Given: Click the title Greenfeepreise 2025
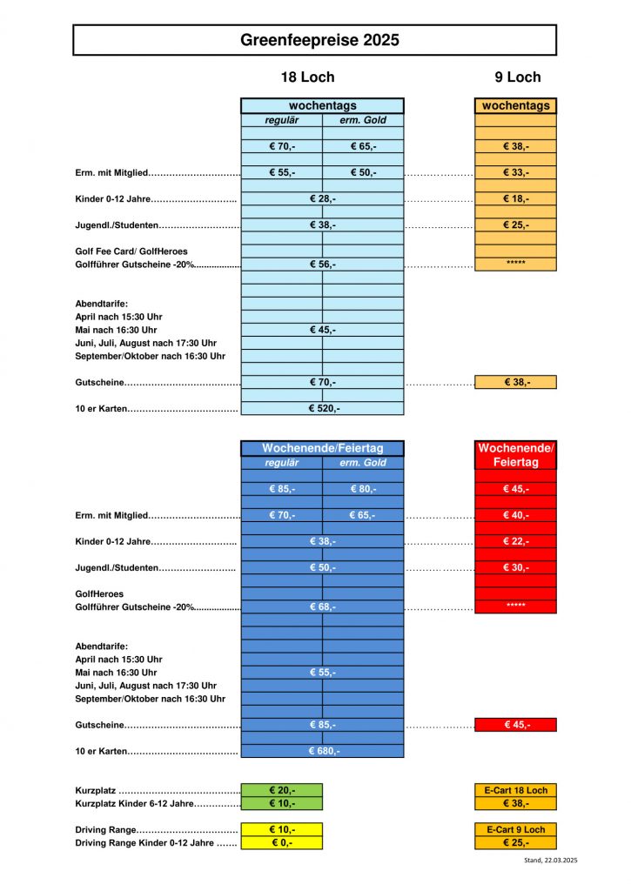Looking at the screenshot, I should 314,40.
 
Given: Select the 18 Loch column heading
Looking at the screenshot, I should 306,77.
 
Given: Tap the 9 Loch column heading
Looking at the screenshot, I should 517,77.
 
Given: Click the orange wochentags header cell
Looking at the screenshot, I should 515,106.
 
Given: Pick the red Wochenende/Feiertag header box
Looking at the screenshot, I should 515,455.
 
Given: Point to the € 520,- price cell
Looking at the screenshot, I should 322,408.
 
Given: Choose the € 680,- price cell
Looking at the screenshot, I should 322,751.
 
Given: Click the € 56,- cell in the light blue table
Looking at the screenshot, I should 322,264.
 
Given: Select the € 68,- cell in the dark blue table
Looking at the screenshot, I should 322,606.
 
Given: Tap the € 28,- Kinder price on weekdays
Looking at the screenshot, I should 322,199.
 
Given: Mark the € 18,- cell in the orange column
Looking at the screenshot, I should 515,199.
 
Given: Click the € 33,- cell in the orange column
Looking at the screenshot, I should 515,172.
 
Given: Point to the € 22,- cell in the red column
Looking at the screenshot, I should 515,541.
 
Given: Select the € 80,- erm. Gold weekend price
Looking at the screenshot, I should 363,489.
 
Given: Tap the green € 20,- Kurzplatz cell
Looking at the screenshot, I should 281,790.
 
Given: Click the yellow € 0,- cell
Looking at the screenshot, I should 281,842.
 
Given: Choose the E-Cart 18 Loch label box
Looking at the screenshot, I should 515,790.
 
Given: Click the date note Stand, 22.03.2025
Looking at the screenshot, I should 550,861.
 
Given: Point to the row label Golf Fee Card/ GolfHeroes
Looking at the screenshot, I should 131,251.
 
